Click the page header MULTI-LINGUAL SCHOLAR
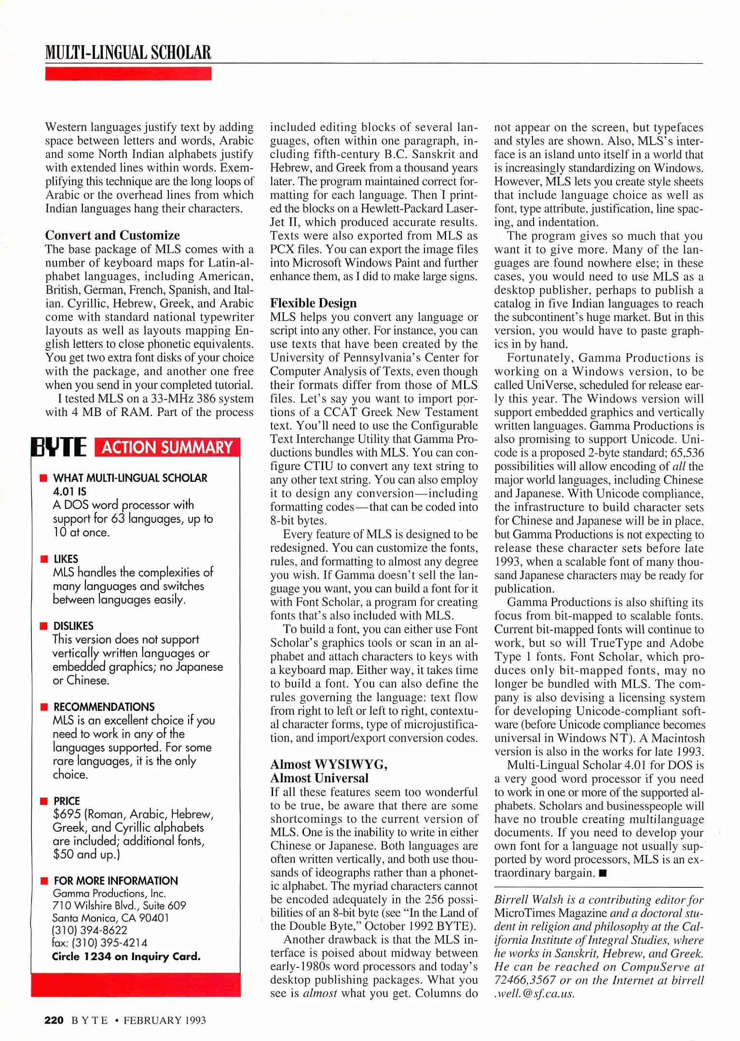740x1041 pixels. [x=128, y=53]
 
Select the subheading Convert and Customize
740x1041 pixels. [x=112, y=235]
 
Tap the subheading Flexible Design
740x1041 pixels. [x=313, y=303]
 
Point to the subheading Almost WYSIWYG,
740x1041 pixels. [x=329, y=764]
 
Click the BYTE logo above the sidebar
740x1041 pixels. [x=59, y=447]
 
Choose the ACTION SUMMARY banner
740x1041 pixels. [x=167, y=447]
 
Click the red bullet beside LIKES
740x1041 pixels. [x=44, y=559]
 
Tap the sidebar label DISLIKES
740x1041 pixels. [x=73, y=626]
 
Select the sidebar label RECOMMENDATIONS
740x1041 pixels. [x=104, y=707]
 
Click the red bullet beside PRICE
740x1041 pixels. [x=44, y=801]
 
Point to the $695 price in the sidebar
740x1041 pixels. [x=67, y=814]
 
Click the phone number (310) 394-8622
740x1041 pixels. [x=90, y=931]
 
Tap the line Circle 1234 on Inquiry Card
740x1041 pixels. [x=126, y=957]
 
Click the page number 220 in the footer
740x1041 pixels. [x=54, y=1020]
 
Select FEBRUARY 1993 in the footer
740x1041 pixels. [x=164, y=1020]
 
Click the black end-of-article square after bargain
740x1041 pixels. [x=602, y=873]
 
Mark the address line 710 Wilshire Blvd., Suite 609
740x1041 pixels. [x=119, y=906]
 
